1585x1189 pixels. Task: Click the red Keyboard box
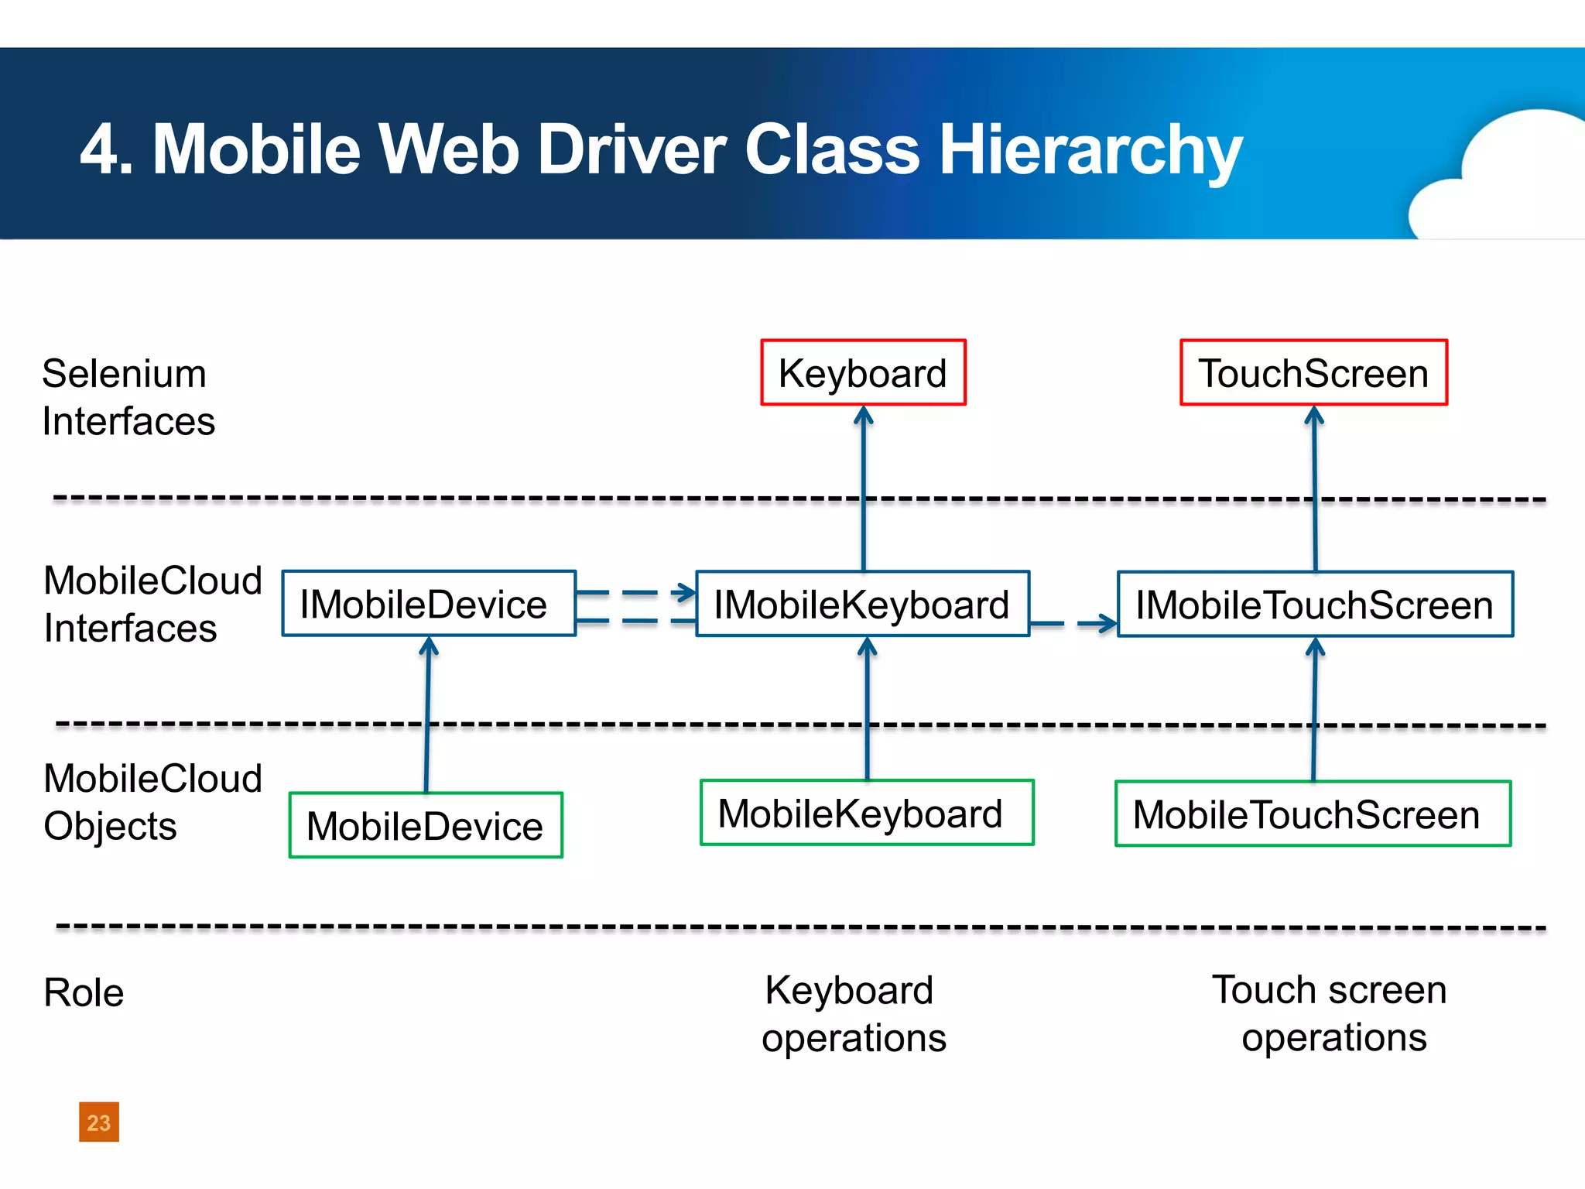tap(863, 372)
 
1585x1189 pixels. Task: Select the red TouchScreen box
tap(1313, 372)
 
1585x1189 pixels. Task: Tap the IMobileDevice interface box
tap(428, 604)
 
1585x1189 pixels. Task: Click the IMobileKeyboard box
tap(862, 604)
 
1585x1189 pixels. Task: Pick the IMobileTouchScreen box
tap(1315, 604)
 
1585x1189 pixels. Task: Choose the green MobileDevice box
tap(426, 825)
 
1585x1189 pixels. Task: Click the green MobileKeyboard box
tap(867, 813)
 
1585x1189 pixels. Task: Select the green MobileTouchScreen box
tap(1313, 814)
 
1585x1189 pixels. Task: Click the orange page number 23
tap(99, 1122)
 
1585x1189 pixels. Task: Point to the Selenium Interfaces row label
tap(128, 397)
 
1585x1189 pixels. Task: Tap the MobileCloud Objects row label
tap(152, 802)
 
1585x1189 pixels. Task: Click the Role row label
tap(84, 992)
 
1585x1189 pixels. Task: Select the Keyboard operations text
tap(853, 1013)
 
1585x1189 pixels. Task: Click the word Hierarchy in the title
tap(1090, 150)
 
